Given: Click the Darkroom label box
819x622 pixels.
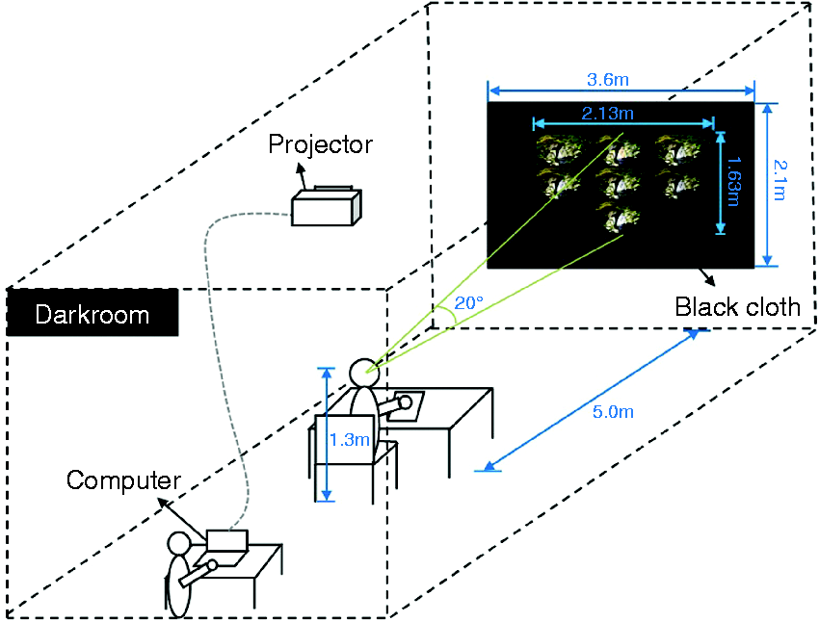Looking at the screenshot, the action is [92, 313].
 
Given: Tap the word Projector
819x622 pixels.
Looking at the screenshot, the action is [320, 144].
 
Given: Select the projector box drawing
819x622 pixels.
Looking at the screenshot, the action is [327, 206].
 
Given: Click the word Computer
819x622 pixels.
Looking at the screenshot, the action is [123, 480].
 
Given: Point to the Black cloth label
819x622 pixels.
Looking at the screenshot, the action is [737, 307].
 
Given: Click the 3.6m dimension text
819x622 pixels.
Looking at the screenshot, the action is [608, 80].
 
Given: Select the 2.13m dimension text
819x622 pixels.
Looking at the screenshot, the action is [607, 114].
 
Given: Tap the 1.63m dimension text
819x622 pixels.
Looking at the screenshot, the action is [733, 181].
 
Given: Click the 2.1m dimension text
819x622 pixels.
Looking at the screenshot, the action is [779, 179].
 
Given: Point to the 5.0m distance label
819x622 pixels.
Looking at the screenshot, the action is [613, 412].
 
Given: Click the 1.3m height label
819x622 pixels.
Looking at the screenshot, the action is [350, 440].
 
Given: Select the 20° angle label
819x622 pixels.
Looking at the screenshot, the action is [468, 302].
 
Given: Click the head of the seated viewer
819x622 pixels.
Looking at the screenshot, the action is [364, 373].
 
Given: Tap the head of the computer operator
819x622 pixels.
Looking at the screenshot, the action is [179, 544].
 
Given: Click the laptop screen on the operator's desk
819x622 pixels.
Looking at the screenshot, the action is [226, 540].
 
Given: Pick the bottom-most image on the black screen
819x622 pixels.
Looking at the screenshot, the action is [621, 217].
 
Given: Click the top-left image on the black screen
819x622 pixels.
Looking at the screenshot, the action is [560, 148].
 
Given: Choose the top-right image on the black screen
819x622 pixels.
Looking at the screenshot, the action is [677, 148].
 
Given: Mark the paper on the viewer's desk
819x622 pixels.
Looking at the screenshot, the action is [407, 405].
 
